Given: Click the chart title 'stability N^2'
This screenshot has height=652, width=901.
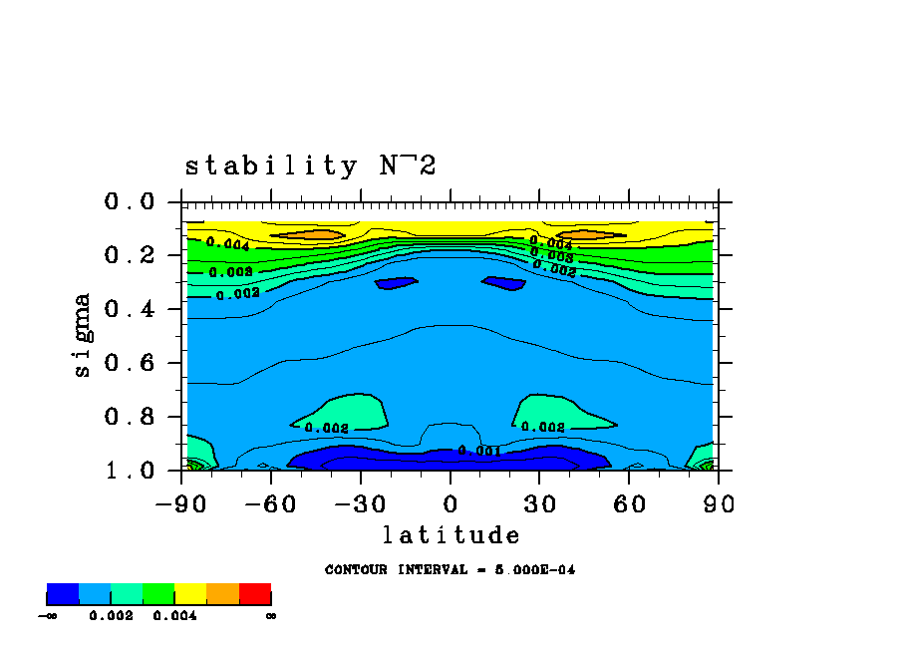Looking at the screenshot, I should coord(310,165).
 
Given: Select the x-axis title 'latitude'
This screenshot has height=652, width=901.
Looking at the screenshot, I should coord(450,536).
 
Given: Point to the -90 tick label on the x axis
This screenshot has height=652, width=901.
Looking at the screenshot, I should coord(180,503).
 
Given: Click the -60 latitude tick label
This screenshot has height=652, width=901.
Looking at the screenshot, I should coord(270,503).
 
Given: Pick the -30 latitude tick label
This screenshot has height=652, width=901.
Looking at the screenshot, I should coord(360,503).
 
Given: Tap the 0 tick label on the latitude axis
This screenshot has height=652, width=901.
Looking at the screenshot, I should coord(450,503).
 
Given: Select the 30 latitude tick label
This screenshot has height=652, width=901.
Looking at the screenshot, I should coord(539,503).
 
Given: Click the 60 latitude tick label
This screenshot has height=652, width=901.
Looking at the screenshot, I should coord(629,503).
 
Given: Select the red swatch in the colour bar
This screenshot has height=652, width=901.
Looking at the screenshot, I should coord(255,594).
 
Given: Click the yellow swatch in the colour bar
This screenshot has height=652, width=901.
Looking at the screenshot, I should coord(190,594).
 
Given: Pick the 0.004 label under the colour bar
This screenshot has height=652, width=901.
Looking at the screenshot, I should coord(174,616).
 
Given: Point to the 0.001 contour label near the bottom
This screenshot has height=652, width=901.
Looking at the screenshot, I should coord(478,451).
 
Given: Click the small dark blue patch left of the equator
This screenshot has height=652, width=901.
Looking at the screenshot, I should coord(396,283).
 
